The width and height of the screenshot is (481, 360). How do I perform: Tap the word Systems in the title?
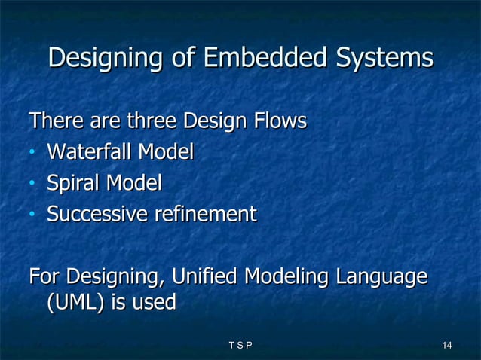[384, 58]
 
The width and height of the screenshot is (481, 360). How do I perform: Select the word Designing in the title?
[106, 58]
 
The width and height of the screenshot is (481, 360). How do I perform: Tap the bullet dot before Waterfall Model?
[32, 154]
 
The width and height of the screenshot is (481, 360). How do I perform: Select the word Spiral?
[74, 183]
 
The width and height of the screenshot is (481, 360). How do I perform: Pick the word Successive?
[97, 215]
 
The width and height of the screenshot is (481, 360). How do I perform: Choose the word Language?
[382, 277]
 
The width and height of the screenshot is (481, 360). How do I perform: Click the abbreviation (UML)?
[74, 303]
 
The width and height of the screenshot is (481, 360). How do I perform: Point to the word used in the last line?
[153, 303]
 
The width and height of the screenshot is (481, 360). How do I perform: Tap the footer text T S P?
[240, 346]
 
